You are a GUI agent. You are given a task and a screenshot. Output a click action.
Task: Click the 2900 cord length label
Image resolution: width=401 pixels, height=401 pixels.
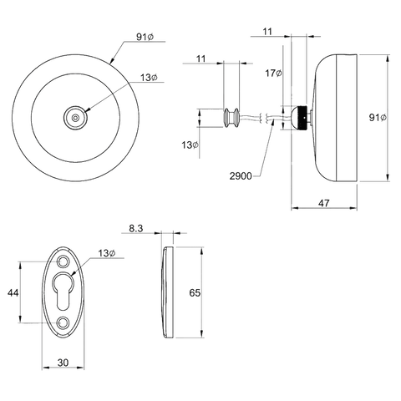[x=241, y=176]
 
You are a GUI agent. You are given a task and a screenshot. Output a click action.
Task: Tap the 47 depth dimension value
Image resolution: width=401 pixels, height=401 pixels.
[x=323, y=203]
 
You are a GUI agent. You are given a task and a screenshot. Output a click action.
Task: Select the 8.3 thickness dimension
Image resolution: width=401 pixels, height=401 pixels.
[x=136, y=228]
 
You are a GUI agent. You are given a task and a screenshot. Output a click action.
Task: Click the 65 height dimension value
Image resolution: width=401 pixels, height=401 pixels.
[x=195, y=292]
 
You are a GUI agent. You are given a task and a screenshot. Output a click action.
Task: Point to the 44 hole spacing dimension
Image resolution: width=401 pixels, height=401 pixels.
[x=13, y=292]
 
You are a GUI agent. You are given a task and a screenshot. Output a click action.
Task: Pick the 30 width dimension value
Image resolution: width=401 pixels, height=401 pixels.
[x=63, y=363]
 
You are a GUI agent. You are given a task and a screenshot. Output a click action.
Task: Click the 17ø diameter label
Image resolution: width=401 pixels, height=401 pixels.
[x=273, y=74]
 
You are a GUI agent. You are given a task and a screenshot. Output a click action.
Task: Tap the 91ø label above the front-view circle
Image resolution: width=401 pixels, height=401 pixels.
[x=145, y=37]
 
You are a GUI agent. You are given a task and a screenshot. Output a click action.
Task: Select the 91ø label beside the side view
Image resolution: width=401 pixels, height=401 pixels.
[x=378, y=118]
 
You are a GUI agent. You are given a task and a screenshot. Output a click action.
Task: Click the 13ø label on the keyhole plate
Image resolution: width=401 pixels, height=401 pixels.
[x=107, y=253]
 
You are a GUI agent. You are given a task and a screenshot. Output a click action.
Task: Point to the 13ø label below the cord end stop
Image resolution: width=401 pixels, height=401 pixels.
[x=190, y=145]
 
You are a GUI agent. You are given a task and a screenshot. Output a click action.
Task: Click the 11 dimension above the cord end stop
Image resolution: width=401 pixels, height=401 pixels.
[x=200, y=58]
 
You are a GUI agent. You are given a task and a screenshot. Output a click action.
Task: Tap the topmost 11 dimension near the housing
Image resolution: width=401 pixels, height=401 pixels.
[x=267, y=32]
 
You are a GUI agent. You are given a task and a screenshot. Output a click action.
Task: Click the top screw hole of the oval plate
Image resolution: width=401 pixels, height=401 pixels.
[x=63, y=261]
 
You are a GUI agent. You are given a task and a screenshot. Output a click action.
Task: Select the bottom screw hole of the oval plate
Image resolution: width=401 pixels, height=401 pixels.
[x=63, y=322]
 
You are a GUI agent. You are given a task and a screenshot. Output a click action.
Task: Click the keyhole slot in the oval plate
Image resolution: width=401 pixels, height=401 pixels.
[x=63, y=290]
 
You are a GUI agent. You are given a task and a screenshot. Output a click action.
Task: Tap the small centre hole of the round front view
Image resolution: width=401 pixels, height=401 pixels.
[x=75, y=118]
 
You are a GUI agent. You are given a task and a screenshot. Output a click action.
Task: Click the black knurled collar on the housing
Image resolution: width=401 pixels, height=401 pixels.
[x=303, y=118]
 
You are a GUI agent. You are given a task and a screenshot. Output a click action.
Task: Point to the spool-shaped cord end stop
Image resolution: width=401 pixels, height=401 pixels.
[x=231, y=118]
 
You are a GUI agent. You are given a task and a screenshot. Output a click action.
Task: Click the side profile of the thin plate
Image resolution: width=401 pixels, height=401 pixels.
[x=167, y=292]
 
